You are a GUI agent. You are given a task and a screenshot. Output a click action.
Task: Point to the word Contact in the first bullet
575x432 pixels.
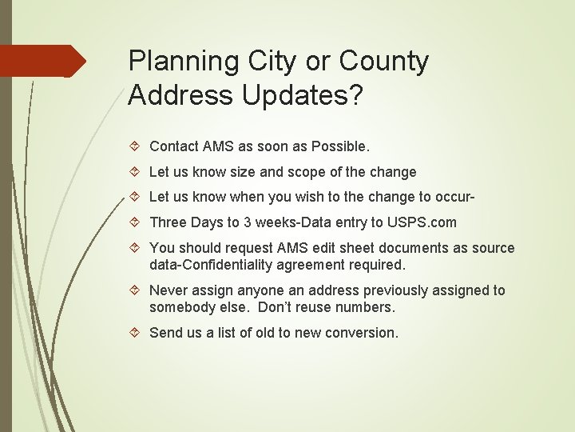174,146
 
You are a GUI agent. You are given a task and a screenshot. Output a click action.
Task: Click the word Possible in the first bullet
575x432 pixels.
339,146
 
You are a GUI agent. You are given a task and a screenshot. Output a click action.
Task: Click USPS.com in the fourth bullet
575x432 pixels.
421,222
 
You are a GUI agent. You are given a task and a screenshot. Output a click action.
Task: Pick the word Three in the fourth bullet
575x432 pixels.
169,222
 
